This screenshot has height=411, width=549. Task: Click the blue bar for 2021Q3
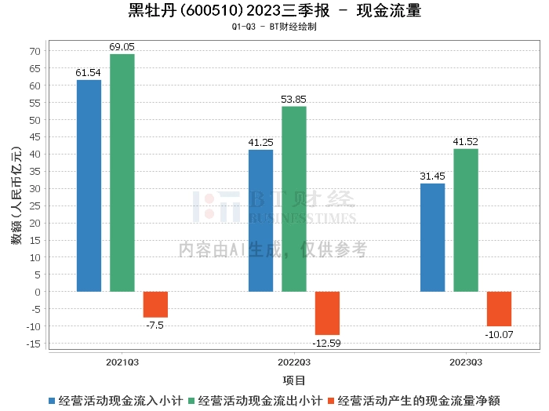click(x=89, y=186)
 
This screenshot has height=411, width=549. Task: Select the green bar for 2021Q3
click(x=122, y=173)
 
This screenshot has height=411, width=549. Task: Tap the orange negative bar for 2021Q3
click(x=155, y=304)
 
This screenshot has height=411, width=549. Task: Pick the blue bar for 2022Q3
click(x=260, y=220)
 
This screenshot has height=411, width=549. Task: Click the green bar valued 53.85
click(x=294, y=199)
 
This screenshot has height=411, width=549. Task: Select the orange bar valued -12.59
click(x=327, y=313)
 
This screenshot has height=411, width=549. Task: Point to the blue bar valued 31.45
click(x=432, y=238)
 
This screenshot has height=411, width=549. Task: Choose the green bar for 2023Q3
click(x=465, y=220)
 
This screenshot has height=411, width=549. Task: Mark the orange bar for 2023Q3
click(x=499, y=309)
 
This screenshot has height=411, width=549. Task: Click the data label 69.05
click(x=122, y=47)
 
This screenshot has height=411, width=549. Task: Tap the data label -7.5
click(x=155, y=324)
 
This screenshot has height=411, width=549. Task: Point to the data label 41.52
click(x=465, y=142)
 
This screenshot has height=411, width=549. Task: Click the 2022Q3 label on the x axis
click(x=294, y=362)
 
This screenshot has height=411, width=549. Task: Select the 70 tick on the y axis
click(x=35, y=52)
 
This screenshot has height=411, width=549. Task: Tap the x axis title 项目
click(x=294, y=380)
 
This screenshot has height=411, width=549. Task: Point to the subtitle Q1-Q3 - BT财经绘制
click(x=274, y=27)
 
